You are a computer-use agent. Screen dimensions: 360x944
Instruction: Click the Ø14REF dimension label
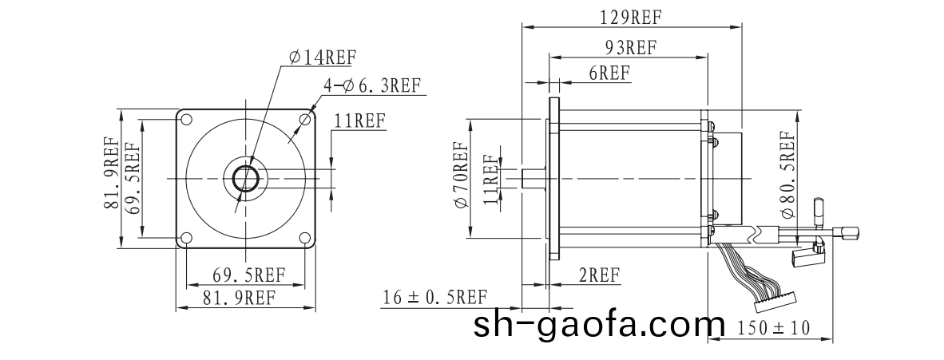click(323, 57)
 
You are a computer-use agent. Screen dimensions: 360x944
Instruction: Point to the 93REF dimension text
click(629, 47)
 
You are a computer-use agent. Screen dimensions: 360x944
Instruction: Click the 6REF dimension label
click(609, 73)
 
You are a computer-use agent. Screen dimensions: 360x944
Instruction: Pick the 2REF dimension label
click(599, 275)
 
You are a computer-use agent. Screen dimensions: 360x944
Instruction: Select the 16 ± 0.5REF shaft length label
click(434, 298)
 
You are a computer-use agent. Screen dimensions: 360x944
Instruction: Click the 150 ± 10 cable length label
click(772, 327)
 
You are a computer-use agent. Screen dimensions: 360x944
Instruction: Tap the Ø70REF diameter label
click(461, 176)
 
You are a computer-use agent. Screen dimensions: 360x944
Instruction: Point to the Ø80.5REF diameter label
click(787, 175)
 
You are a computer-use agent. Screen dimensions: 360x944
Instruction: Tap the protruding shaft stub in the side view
click(533, 177)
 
